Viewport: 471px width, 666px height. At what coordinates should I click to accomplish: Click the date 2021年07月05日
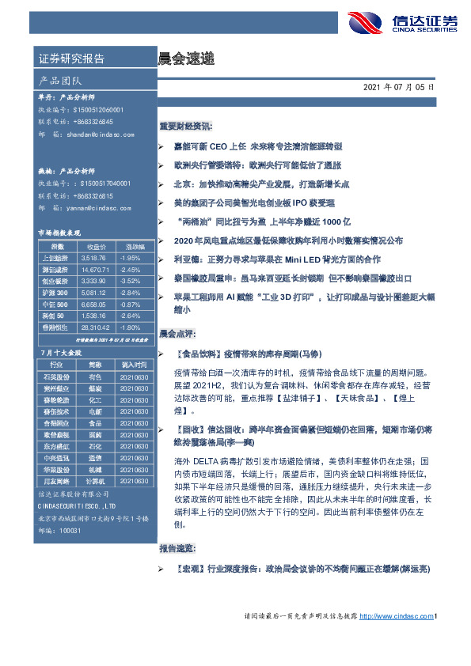click(399, 86)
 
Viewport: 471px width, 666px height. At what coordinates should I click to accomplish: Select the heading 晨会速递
click(184, 59)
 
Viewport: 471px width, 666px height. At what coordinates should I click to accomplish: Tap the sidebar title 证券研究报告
click(71, 59)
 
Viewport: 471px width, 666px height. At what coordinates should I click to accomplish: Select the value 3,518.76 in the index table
click(93, 259)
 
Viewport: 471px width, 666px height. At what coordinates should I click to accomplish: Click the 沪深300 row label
click(55, 292)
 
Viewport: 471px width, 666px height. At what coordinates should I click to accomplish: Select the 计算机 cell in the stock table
click(95, 482)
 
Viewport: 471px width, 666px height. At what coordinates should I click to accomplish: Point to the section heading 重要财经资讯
click(185, 126)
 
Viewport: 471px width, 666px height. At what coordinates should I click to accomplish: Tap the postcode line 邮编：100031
click(60, 528)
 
